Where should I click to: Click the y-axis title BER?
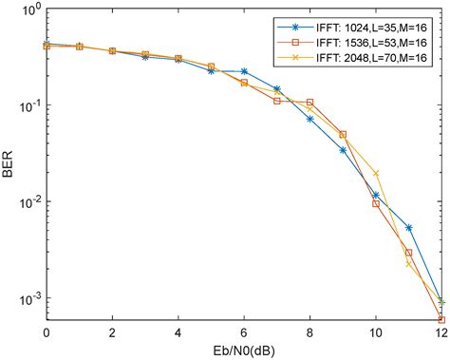click(x=10, y=165)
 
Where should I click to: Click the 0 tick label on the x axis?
click(x=47, y=333)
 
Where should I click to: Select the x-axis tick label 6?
click(x=244, y=333)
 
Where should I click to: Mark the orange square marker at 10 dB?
click(x=376, y=203)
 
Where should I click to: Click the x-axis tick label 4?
click(x=178, y=333)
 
